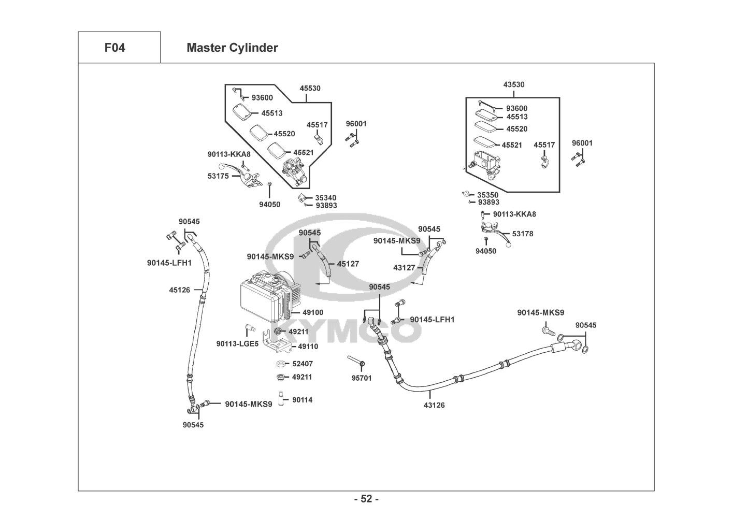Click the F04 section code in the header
(114, 48)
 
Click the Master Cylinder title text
(232, 48)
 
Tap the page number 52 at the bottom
(366, 499)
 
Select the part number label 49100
(313, 312)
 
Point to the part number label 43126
(434, 405)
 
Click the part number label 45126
(179, 290)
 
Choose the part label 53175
(218, 176)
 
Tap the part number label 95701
(362, 378)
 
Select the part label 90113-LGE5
(237, 343)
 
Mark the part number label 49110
(308, 347)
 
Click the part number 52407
(303, 364)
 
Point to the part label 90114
(303, 400)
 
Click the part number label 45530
(310, 88)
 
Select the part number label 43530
(514, 84)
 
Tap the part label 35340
(326, 197)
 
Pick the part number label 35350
(488, 195)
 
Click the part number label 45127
(348, 264)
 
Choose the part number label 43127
(404, 268)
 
